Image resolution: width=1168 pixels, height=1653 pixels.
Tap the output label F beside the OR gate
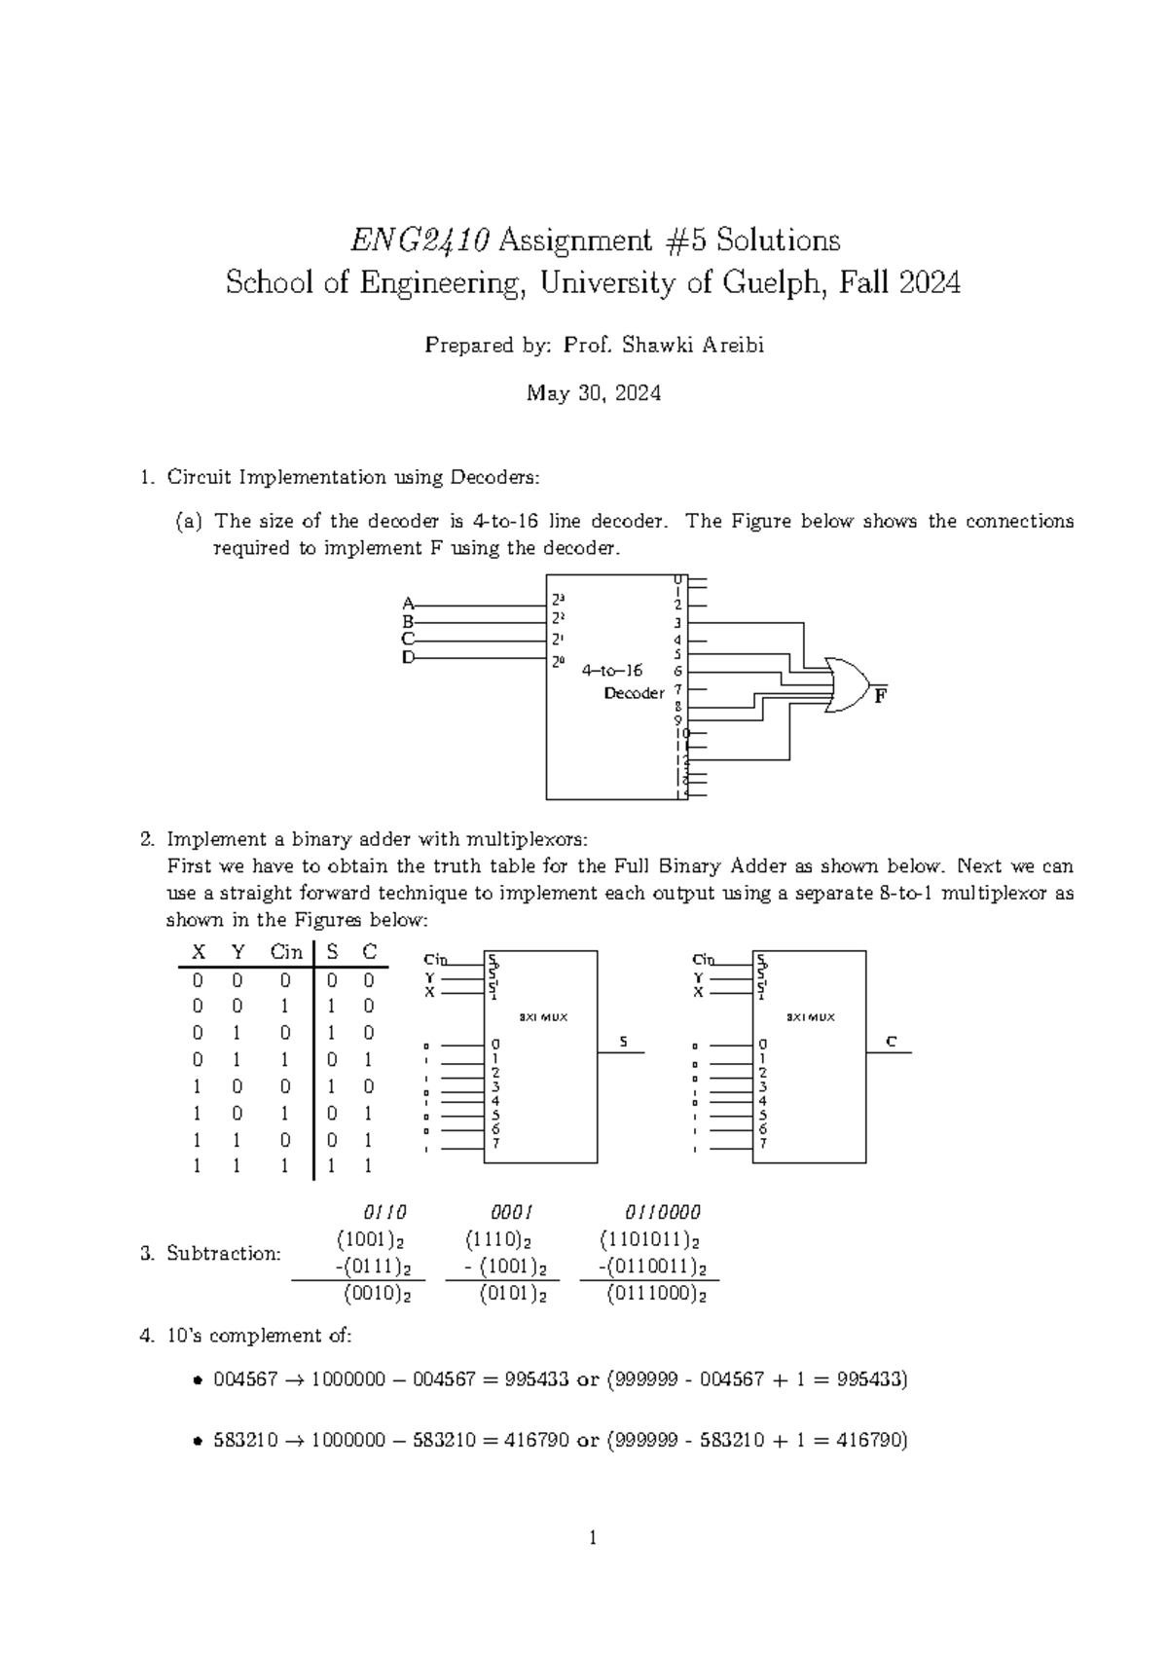tap(880, 697)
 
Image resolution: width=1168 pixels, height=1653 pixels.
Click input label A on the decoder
tap(408, 603)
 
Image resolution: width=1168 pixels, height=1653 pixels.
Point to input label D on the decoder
tap(408, 658)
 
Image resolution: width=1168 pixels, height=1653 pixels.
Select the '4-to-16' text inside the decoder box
tap(612, 670)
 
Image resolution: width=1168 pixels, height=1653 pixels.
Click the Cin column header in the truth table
tap(285, 951)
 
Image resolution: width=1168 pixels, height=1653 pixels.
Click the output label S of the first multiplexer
tap(624, 1043)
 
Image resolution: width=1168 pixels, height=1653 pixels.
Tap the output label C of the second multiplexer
tap(891, 1043)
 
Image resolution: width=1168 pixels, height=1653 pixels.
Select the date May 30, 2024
tap(594, 393)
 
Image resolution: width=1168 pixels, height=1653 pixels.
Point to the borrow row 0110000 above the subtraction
tap(662, 1212)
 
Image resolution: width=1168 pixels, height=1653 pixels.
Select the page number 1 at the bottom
tap(593, 1539)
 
